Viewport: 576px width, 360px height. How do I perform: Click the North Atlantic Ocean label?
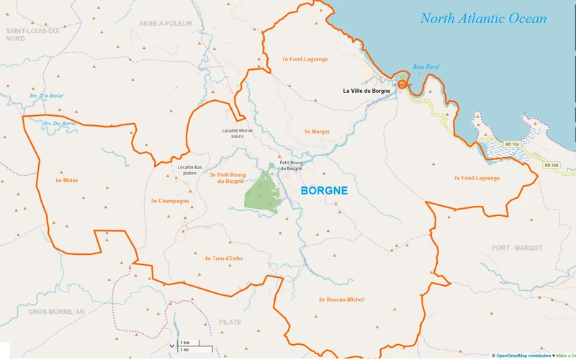483,19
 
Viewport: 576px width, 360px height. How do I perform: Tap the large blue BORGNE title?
323,192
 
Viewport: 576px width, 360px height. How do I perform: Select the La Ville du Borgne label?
366,91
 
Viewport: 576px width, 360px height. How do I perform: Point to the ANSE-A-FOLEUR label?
166,23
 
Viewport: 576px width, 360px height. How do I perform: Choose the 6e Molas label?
66,180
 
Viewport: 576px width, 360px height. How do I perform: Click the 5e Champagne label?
170,201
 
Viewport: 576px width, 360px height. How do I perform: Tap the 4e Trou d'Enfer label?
226,258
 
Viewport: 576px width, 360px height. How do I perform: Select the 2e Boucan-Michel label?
341,299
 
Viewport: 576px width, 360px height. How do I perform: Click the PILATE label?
230,322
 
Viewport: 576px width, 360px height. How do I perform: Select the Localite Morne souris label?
237,135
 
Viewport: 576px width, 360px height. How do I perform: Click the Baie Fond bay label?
426,67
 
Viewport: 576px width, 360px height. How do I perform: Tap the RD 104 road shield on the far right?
551,166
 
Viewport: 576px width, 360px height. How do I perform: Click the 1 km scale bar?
185,342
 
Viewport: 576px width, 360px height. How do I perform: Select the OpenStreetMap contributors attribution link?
523,356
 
